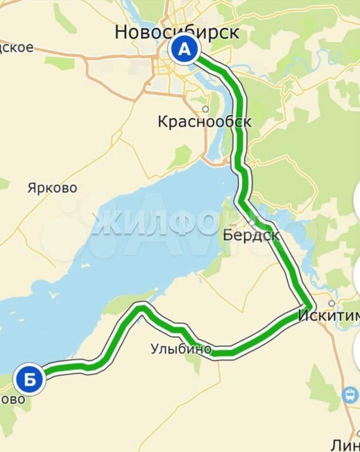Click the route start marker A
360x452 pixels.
click(x=184, y=50)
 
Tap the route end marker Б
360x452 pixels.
click(x=30, y=380)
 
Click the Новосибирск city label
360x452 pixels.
click(x=177, y=32)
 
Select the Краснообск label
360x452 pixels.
click(x=204, y=122)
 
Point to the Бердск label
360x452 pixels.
click(x=251, y=235)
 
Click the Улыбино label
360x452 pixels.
click(x=181, y=349)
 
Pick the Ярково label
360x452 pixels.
click(x=52, y=188)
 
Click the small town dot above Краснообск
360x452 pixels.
click(x=205, y=109)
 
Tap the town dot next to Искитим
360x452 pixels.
click(x=332, y=303)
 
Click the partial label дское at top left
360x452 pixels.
click(x=17, y=47)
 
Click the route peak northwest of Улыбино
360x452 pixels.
click(x=142, y=308)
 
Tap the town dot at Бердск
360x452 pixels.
click(x=252, y=223)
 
